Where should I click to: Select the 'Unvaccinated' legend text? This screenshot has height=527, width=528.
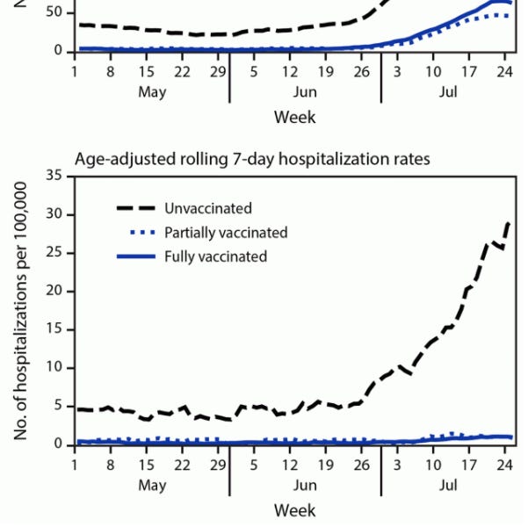[x=207, y=208]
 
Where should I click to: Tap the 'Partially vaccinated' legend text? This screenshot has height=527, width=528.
[x=226, y=233]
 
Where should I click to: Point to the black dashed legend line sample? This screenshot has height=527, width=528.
[x=136, y=208]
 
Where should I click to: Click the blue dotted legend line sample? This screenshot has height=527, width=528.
[x=136, y=233]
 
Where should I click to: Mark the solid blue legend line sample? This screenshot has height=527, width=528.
[x=136, y=256]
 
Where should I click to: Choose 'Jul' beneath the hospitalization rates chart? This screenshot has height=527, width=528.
[x=447, y=485]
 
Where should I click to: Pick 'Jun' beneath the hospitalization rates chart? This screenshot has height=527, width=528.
[x=305, y=485]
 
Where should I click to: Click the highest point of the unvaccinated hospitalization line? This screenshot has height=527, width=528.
[x=509, y=223]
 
